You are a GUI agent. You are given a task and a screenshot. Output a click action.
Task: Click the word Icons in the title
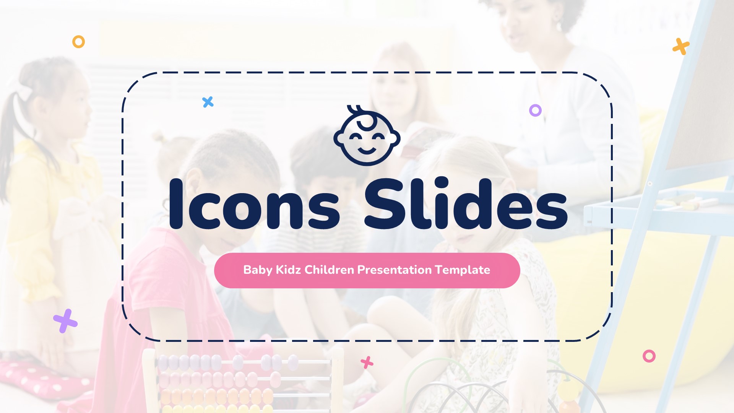(254, 205)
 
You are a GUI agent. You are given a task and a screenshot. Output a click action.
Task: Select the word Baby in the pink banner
(258, 270)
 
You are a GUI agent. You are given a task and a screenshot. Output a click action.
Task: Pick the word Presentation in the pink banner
(395, 270)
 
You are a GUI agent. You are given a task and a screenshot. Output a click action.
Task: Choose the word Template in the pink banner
(463, 270)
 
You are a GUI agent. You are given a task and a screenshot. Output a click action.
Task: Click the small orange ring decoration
(78, 42)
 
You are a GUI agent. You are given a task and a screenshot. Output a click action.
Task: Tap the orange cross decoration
(681, 47)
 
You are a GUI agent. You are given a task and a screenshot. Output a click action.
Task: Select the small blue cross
(208, 102)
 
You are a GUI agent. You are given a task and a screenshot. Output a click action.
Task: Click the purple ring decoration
(535, 111)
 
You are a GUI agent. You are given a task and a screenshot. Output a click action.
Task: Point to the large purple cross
(65, 321)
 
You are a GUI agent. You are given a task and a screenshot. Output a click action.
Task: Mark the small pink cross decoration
(367, 362)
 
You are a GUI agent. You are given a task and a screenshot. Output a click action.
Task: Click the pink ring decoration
(649, 356)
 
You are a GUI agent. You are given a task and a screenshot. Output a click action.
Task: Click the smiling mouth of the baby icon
(367, 150)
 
